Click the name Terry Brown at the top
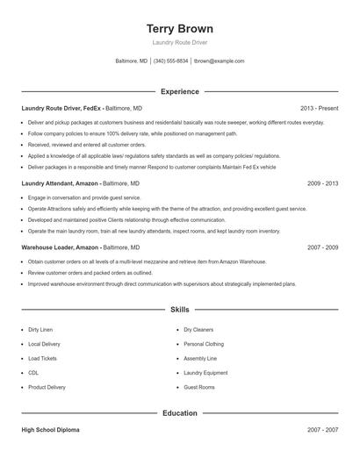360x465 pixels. click(x=180, y=29)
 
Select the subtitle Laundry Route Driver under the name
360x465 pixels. click(x=180, y=43)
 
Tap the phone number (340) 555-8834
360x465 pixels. click(x=170, y=61)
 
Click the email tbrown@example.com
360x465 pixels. click(x=220, y=61)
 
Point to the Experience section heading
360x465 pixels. click(x=180, y=91)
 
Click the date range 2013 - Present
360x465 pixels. click(x=319, y=107)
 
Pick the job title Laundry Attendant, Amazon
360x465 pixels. click(x=61, y=184)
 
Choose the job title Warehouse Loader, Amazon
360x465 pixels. click(x=61, y=248)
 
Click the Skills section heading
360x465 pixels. click(x=180, y=310)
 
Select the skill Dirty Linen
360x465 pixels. click(x=41, y=330)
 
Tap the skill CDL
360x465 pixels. click(x=33, y=373)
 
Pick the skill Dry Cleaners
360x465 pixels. click(x=199, y=330)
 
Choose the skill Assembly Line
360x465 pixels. click(x=200, y=359)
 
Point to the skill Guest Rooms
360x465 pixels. click(x=199, y=387)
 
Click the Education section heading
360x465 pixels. click(x=180, y=412)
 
